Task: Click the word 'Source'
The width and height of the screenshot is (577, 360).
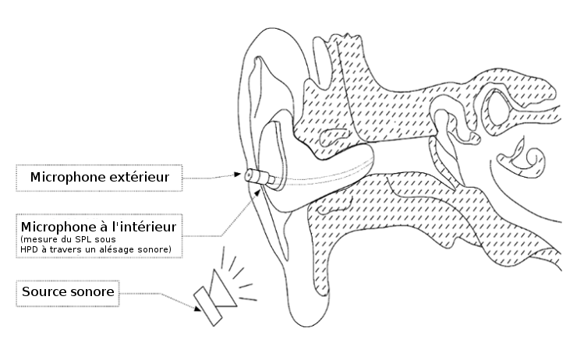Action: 44,294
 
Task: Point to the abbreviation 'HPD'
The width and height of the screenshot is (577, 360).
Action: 30,249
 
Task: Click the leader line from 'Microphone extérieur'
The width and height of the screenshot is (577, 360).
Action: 214,178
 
